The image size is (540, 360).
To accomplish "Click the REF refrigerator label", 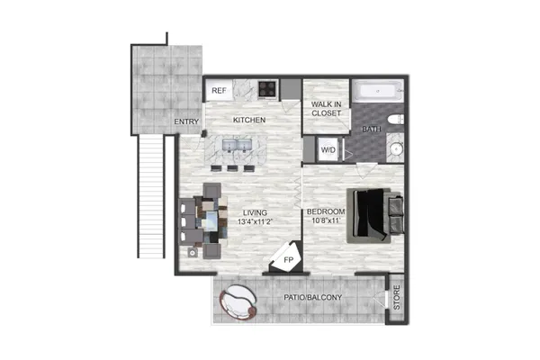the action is (x=219, y=91).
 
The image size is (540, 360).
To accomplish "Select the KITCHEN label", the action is (x=249, y=120).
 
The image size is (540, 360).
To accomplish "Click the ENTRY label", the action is (x=186, y=121).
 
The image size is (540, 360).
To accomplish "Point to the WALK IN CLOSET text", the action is (x=326, y=109).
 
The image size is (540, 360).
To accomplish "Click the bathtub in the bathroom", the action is (x=378, y=91).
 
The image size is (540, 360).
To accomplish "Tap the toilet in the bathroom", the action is (x=396, y=120).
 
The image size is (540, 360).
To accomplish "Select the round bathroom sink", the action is (x=397, y=148).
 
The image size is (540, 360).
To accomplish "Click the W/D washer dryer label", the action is (x=328, y=150).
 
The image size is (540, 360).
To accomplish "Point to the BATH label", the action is (x=372, y=130).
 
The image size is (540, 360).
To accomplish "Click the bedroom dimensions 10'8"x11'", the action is (x=324, y=220).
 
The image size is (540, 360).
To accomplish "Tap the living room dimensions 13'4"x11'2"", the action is (x=255, y=221).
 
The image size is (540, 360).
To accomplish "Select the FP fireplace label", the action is (x=288, y=260).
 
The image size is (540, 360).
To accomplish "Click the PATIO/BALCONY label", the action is (x=312, y=297).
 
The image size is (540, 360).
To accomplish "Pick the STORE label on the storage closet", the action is (x=397, y=297).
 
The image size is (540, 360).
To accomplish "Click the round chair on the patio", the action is (x=238, y=302).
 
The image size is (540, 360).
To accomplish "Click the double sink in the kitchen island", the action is (x=238, y=145).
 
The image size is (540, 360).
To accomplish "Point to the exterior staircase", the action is (x=150, y=196).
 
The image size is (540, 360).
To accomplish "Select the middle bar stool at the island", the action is (x=232, y=168).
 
